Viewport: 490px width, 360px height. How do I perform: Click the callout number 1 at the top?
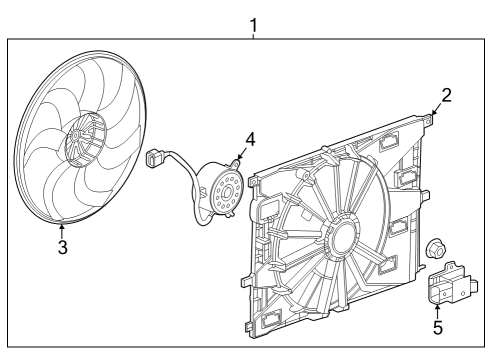[253, 23]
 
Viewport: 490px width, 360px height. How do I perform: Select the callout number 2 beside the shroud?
[447, 96]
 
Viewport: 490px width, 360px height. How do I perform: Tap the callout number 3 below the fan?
[62, 247]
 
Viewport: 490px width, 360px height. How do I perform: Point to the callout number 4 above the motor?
[251, 139]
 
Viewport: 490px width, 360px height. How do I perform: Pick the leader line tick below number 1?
[253, 35]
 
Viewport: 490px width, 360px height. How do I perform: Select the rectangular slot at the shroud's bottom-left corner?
[272, 320]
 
